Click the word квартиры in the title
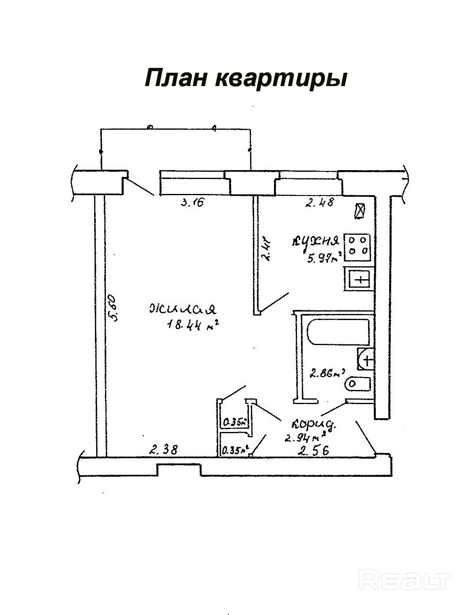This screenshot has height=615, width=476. click(x=281, y=78)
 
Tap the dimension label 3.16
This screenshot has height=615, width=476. click(x=192, y=202)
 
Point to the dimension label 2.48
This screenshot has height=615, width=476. click(x=319, y=202)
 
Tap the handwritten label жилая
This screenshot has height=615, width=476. click(x=183, y=309)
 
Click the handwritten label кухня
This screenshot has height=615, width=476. click(x=315, y=242)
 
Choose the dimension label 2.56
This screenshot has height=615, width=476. click(x=313, y=450)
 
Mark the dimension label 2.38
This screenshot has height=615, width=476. click(x=163, y=449)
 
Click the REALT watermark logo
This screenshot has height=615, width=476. click(x=405, y=581)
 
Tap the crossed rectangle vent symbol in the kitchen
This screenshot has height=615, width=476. click(x=359, y=211)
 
